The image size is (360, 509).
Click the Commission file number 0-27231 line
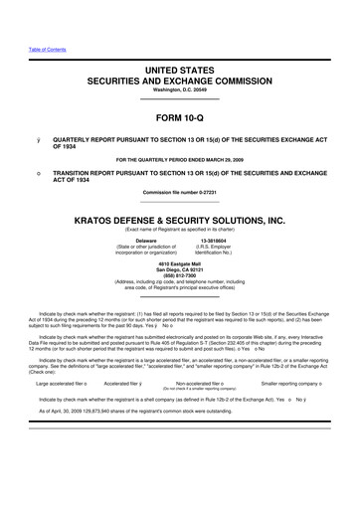click(x=179, y=192)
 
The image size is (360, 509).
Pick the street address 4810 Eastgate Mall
click(x=179, y=263)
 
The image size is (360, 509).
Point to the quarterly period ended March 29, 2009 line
click(x=179, y=159)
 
